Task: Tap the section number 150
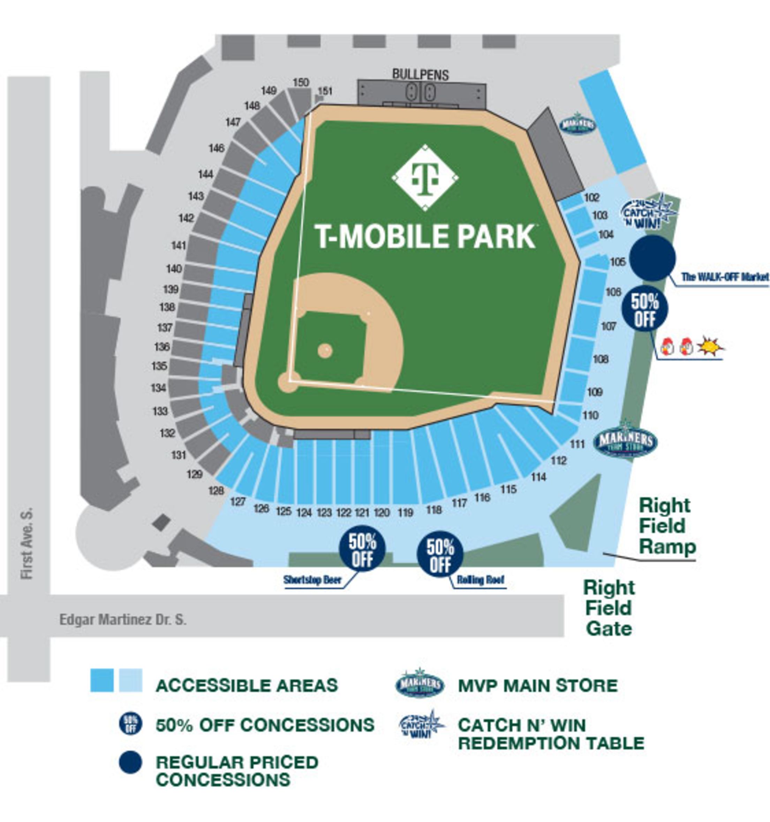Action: tap(301, 82)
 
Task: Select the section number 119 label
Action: tap(405, 513)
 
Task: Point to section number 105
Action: tap(617, 261)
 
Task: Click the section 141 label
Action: tap(178, 246)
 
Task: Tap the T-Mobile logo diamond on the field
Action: tap(425, 178)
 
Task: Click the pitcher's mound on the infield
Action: tap(325, 350)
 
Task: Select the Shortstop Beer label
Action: tap(312, 580)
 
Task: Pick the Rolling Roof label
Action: tap(480, 580)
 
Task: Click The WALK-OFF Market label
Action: tap(725, 277)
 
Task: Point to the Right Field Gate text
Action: tap(609, 608)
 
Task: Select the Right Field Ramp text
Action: tap(667, 526)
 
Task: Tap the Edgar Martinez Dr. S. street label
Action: tap(123, 619)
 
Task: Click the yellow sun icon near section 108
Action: tap(710, 346)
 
